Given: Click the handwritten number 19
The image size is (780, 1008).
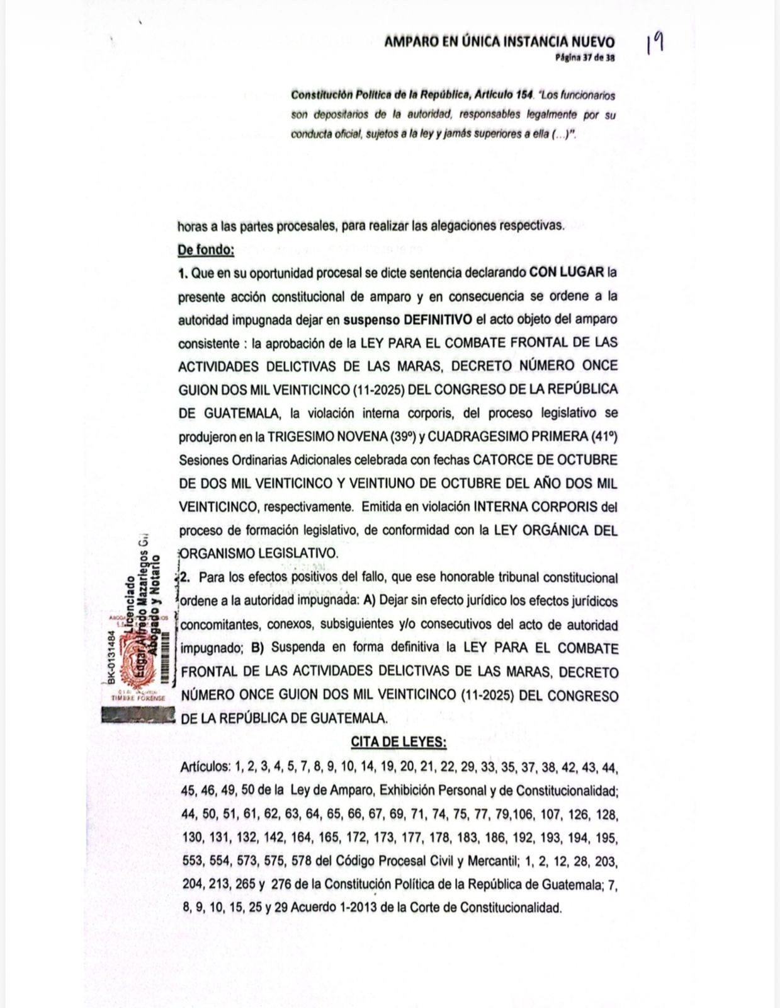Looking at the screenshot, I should point(655,44).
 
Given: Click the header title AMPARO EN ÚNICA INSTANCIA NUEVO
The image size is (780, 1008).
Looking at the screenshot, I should point(499,42).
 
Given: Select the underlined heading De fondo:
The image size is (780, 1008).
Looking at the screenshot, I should point(206,250).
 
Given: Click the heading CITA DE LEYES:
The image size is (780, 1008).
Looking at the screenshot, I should point(398,742).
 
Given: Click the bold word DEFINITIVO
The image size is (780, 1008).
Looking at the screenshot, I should point(439,319).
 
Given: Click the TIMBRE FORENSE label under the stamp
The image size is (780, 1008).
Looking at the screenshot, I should point(138,698).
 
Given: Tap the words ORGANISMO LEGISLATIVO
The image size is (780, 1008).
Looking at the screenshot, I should point(259,553).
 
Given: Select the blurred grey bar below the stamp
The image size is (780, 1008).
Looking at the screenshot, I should point(137,715).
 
